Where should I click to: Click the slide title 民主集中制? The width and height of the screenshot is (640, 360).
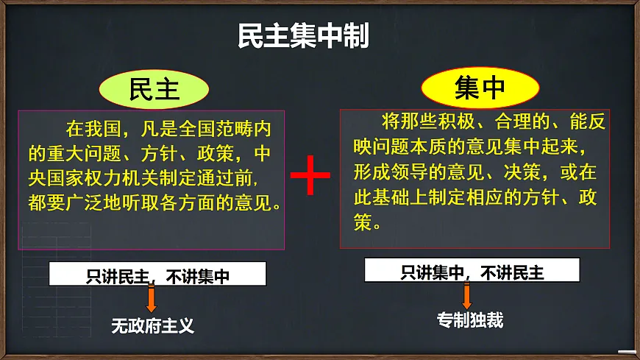(303, 36)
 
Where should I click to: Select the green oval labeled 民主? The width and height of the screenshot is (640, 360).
(154, 89)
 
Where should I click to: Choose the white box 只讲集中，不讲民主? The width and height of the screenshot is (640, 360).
(472, 272)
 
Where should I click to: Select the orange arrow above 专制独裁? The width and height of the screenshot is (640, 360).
(466, 296)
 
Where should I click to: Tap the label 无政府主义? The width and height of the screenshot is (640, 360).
(152, 325)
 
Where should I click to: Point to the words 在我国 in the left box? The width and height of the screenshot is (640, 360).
(92, 131)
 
